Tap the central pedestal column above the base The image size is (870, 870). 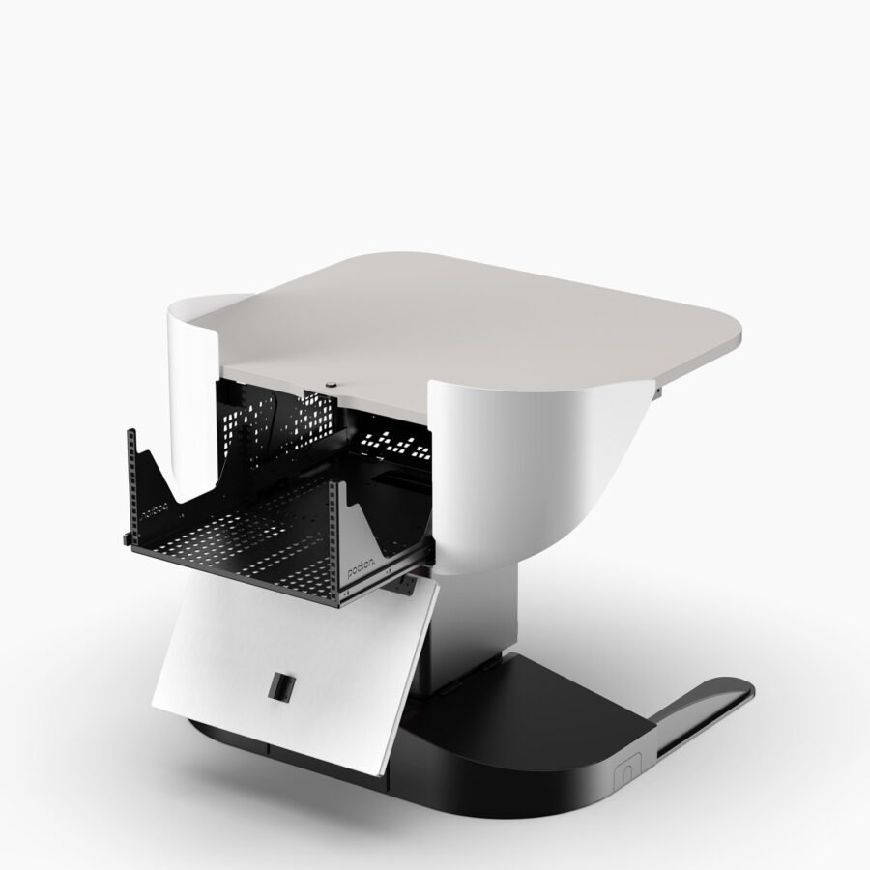tap(474, 619)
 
